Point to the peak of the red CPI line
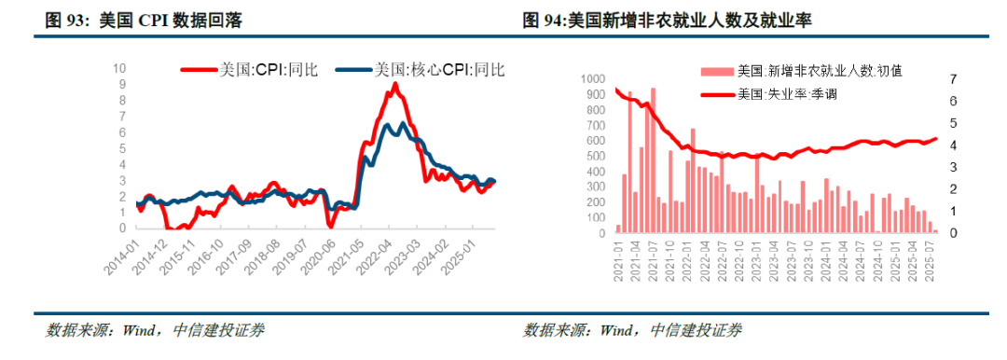pyautogui.click(x=395, y=84)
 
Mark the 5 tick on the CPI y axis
pyautogui.click(x=123, y=148)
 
